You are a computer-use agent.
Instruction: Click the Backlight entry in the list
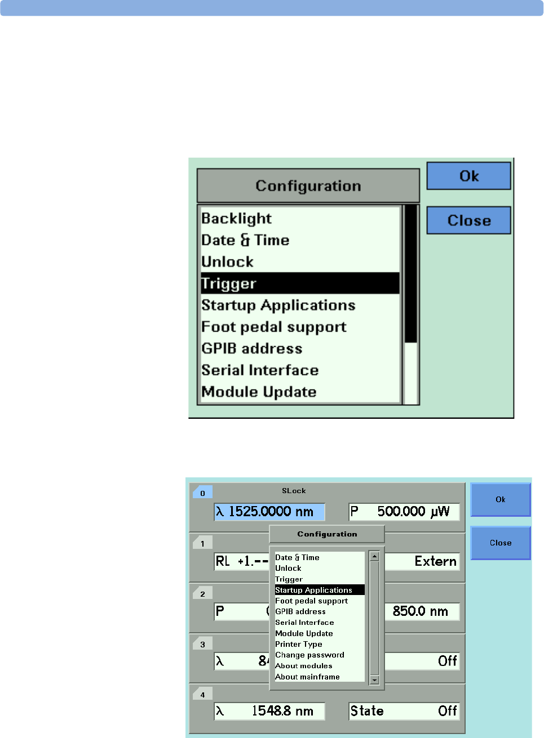(237, 218)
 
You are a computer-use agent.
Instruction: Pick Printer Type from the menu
(299, 644)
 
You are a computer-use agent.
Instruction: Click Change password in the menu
(309, 655)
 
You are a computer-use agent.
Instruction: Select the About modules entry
(303, 666)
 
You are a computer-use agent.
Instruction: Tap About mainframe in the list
(307, 677)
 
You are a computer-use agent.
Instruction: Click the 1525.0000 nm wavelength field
(269, 512)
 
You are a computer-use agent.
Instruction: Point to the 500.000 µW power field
(404, 512)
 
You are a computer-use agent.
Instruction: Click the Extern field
(422, 561)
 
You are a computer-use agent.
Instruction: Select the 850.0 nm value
(422, 611)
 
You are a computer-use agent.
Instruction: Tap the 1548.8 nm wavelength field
(269, 711)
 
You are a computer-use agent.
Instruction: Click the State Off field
(404, 711)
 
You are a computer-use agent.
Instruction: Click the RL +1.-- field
(241, 561)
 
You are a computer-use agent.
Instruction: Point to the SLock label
(294, 491)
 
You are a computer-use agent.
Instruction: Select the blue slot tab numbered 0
(202, 493)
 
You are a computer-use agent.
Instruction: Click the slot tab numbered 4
(202, 695)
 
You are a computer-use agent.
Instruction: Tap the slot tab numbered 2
(202, 594)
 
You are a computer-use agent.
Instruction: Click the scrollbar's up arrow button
(374, 556)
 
